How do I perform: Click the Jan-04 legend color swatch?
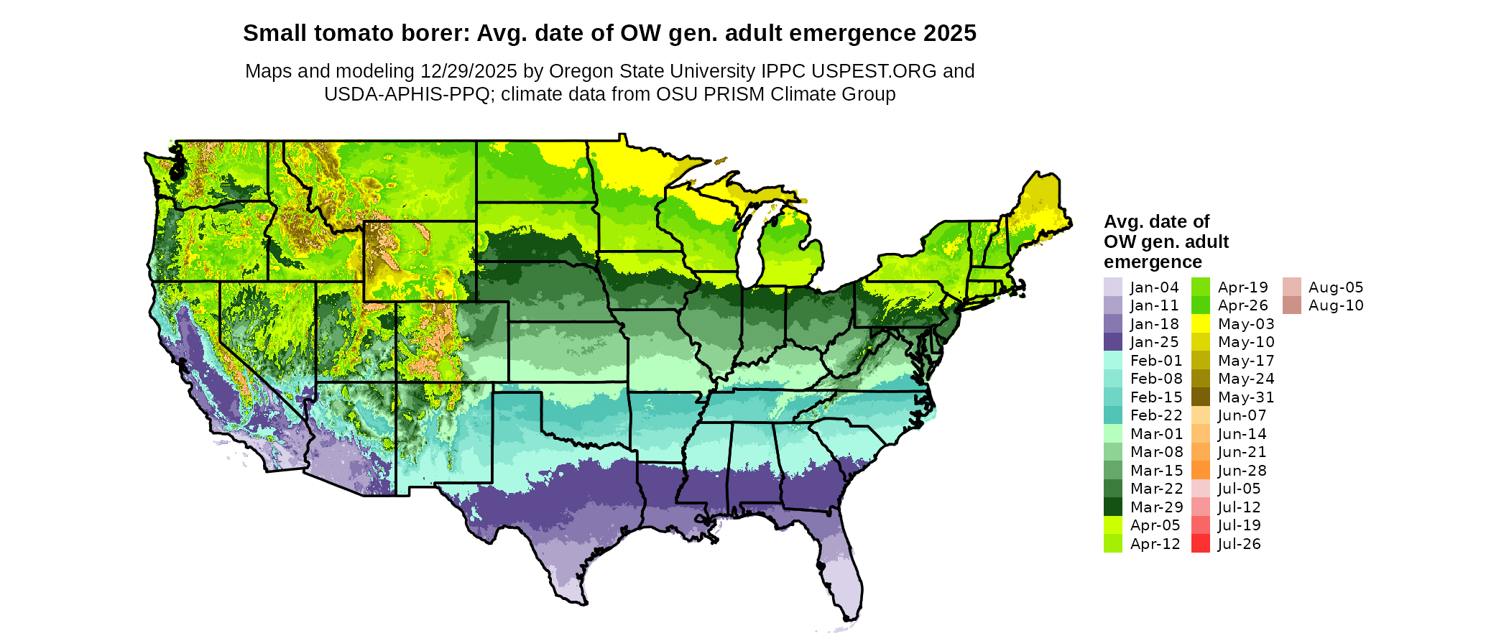[x=1112, y=287]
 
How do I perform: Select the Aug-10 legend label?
[x=1336, y=305]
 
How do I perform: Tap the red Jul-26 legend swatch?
[x=1200, y=544]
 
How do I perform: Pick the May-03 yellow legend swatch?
[x=1200, y=324]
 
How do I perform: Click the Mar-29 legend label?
[x=1155, y=507]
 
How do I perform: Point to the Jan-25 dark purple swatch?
[x=1112, y=342]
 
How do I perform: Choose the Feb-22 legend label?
[x=1155, y=415]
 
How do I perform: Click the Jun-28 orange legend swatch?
[x=1200, y=471]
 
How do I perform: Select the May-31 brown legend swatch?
[x=1200, y=397]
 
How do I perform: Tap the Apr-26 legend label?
[x=1243, y=305]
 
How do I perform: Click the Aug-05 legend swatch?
[x=1291, y=287]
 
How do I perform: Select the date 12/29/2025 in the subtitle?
[x=469, y=71]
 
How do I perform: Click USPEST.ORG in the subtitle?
[x=874, y=71]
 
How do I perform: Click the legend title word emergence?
[x=1153, y=262]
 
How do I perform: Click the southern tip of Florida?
[x=851, y=617]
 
